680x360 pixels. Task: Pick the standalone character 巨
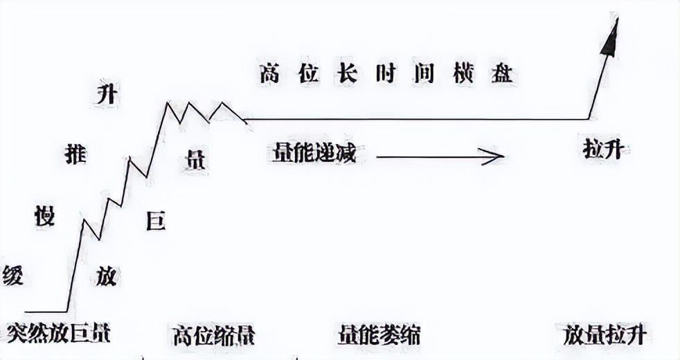pos(156,222)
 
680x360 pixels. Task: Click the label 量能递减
pos(310,153)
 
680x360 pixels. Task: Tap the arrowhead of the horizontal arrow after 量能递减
pos(493,157)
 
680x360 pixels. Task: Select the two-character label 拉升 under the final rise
pos(602,149)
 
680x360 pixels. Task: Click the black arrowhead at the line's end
pos(610,40)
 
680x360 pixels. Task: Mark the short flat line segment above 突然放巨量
pos(46,312)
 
